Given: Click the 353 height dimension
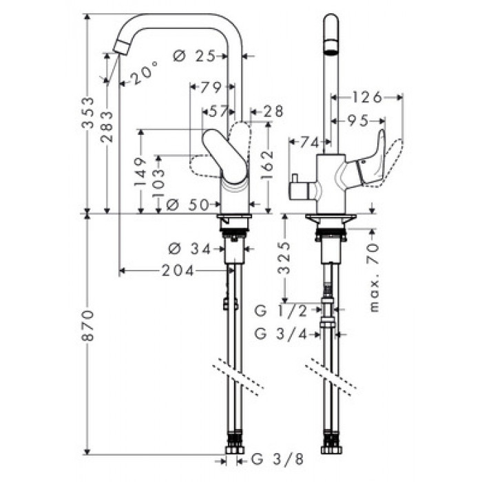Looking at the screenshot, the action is pyautogui.click(x=87, y=113).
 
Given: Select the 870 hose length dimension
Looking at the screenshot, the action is pyautogui.click(x=88, y=325).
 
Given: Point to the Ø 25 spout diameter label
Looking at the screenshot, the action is pyautogui.click(x=194, y=56).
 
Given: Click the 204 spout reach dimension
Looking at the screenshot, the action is pyautogui.click(x=178, y=271).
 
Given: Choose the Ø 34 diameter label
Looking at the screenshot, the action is pyautogui.click(x=189, y=249).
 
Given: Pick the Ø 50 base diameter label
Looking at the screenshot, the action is pyautogui.click(x=187, y=204).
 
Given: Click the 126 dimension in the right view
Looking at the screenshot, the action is pyautogui.click(x=366, y=97).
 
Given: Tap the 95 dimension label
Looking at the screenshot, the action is pyautogui.click(x=358, y=120).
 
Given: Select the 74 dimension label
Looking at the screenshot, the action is pyautogui.click(x=309, y=142).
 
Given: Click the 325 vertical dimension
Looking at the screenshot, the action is pyautogui.click(x=284, y=258).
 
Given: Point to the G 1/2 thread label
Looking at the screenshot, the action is pyautogui.click(x=281, y=311).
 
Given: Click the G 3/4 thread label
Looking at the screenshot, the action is pyautogui.click(x=281, y=334).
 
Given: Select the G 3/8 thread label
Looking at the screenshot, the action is pyautogui.click(x=277, y=459).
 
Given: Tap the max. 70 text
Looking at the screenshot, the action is pyautogui.click(x=373, y=277).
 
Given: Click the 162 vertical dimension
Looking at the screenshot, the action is pyautogui.click(x=267, y=165).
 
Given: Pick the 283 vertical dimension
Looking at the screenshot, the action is pyautogui.click(x=107, y=126).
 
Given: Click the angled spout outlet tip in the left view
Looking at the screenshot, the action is pyautogui.click(x=121, y=48).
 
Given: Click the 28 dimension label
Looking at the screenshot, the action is pyautogui.click(x=273, y=112).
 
